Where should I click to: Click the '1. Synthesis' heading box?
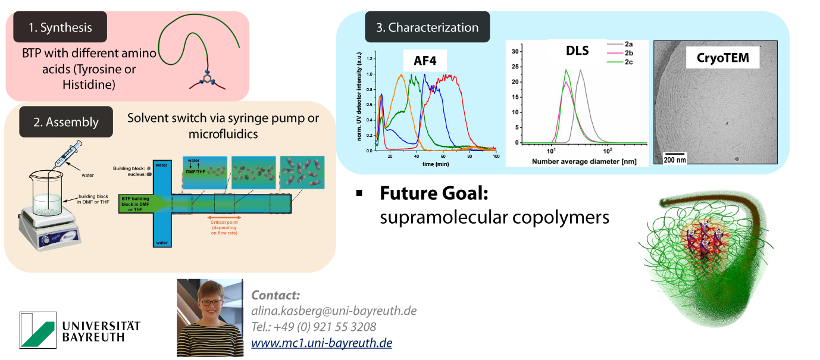tap(61, 27)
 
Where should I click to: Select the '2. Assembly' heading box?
tap(65, 122)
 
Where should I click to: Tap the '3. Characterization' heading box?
tap(427, 27)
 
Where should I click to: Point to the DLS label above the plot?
tap(577, 51)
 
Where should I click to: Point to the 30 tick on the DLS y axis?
tap(516, 52)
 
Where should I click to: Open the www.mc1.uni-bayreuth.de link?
tap(321, 343)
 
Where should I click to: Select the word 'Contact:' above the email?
tap(276, 295)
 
